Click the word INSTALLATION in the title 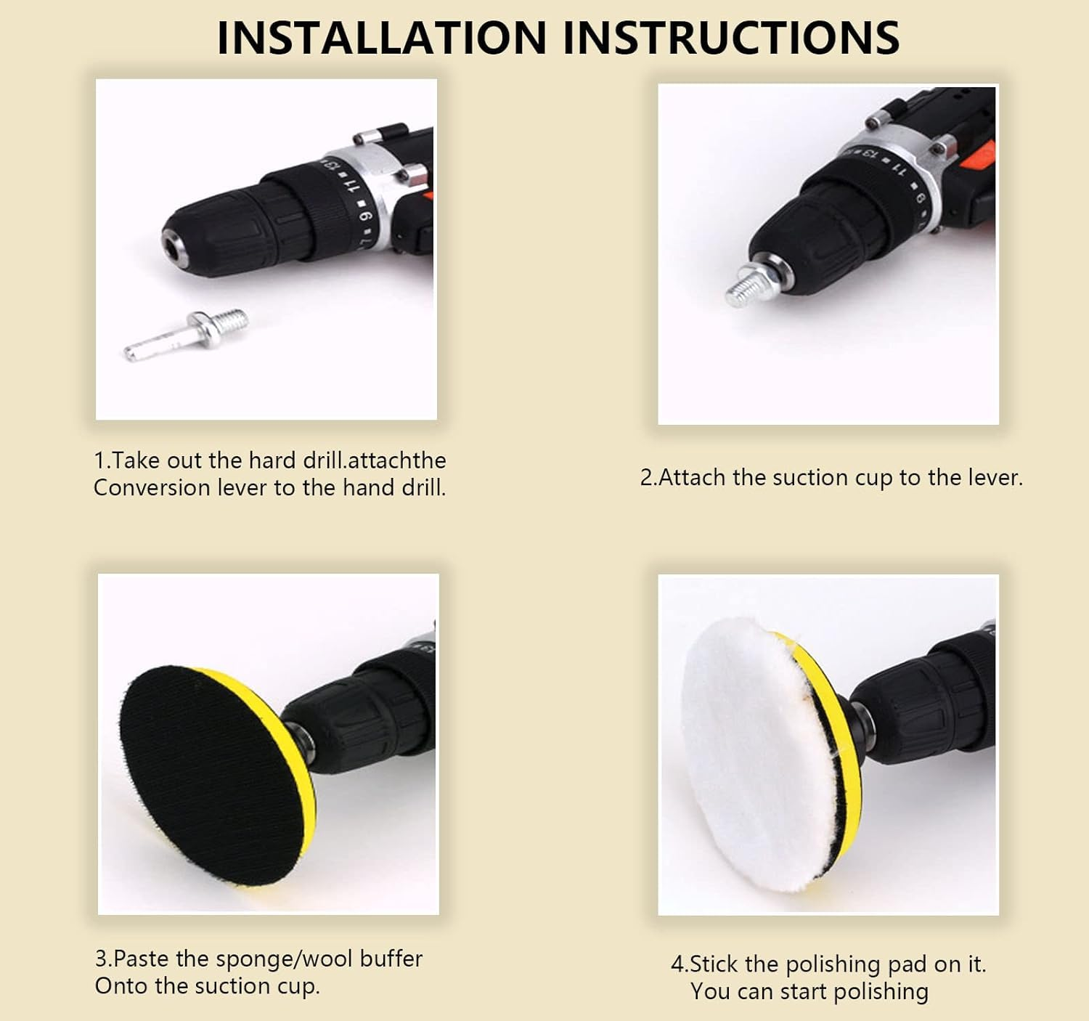pos(382,38)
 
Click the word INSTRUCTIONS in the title pos(732,38)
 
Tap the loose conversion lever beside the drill pos(186,335)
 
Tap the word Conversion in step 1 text pos(152,488)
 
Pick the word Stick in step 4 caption pos(714,964)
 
